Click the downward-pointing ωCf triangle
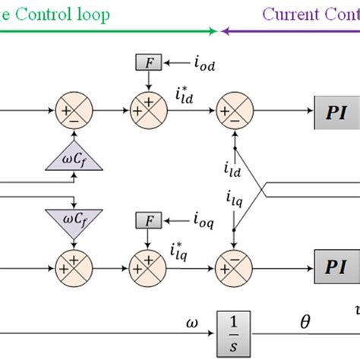[74, 222]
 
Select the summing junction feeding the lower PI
[234, 268]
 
